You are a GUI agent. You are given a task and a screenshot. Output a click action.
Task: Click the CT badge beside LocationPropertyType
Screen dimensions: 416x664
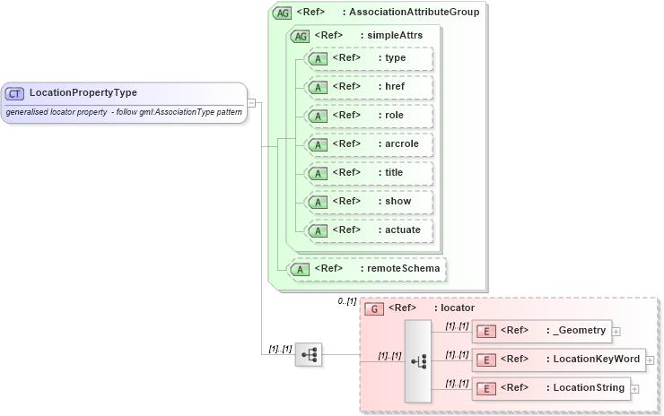(x=14, y=93)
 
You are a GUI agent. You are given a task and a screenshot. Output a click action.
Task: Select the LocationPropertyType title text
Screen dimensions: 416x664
(x=83, y=92)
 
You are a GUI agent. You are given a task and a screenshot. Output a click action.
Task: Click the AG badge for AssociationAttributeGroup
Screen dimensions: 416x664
(x=283, y=13)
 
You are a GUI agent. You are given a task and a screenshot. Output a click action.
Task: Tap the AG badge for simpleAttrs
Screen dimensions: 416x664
(x=301, y=36)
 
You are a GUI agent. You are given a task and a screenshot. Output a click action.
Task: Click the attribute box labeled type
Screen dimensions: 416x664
(x=369, y=58)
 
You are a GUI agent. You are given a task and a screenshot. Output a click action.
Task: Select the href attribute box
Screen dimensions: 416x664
(x=369, y=87)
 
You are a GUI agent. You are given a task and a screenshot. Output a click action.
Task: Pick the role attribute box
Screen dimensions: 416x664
(x=369, y=116)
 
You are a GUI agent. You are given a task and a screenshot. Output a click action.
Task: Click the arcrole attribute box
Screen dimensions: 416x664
(x=369, y=144)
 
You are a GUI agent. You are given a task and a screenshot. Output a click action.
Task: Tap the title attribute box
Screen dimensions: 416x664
(x=369, y=173)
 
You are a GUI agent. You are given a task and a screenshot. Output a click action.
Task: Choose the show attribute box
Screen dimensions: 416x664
(x=369, y=202)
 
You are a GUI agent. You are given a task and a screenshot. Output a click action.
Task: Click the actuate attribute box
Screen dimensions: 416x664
(x=369, y=230)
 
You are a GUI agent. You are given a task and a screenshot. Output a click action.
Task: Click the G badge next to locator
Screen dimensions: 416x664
(x=376, y=308)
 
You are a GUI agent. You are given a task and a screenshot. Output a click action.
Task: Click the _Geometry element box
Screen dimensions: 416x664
(x=541, y=332)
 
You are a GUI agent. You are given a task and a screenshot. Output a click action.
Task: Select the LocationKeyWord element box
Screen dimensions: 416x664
(x=557, y=360)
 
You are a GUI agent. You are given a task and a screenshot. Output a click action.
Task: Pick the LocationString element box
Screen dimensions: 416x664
(x=550, y=389)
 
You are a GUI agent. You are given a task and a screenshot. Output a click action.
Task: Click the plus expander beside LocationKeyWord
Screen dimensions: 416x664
(x=650, y=360)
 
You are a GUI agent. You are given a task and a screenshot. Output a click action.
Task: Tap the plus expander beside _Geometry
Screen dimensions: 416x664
(x=616, y=332)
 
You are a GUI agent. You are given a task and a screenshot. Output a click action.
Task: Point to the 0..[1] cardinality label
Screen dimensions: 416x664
(x=347, y=301)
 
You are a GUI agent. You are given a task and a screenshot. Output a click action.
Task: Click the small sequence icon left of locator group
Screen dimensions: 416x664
(x=309, y=355)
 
